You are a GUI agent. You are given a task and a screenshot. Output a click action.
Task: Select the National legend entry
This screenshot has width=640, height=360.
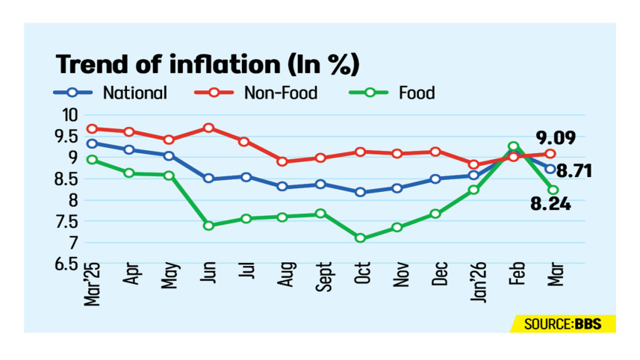point(111,93)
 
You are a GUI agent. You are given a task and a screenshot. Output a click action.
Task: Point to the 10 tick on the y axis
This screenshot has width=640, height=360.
point(70,115)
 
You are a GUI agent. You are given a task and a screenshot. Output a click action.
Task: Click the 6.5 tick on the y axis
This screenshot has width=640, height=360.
point(65,264)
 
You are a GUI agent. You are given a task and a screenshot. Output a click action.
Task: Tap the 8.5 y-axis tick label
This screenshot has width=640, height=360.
point(65,179)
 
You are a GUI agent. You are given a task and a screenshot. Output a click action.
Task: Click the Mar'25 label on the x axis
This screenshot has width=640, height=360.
point(93,287)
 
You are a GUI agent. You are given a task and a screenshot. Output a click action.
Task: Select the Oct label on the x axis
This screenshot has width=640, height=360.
point(361,282)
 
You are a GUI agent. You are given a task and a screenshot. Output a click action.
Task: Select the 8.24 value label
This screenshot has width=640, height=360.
point(552,203)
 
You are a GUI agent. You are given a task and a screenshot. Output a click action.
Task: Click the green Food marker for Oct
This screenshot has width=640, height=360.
point(361,238)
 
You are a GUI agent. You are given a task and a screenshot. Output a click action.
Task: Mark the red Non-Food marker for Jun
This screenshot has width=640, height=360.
point(209,128)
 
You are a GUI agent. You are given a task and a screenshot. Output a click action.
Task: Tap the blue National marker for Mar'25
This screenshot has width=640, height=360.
point(93,143)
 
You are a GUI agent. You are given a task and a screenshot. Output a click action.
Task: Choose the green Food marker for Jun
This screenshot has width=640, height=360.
point(209,226)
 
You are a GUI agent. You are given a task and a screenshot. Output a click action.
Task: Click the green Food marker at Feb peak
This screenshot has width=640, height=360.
point(514,147)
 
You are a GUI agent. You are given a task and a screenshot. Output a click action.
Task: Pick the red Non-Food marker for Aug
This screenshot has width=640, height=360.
point(282,161)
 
